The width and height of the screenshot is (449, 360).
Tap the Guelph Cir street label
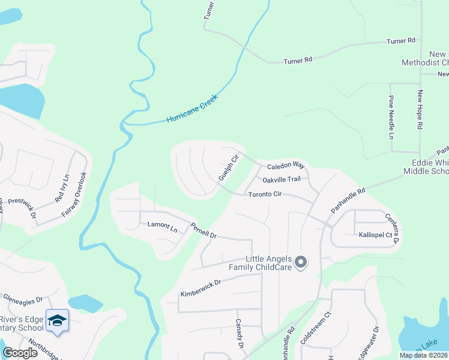[x=229, y=168]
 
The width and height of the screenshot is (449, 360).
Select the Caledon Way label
[x=286, y=165]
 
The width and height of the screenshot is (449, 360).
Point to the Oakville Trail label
[x=281, y=179]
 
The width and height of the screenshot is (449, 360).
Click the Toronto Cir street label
[x=265, y=194]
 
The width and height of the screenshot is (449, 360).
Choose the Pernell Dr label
[x=203, y=230]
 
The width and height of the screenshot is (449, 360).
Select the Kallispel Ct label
[x=376, y=236]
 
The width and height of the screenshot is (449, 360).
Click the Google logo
[x=20, y=352]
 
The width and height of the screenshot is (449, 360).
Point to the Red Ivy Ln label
[x=62, y=188]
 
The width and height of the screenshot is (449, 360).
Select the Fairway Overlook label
[x=75, y=194]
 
